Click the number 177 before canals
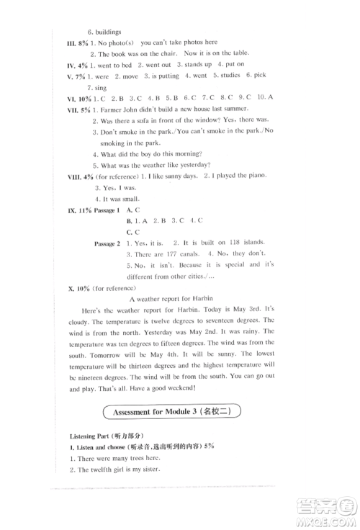[x=167, y=255]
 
